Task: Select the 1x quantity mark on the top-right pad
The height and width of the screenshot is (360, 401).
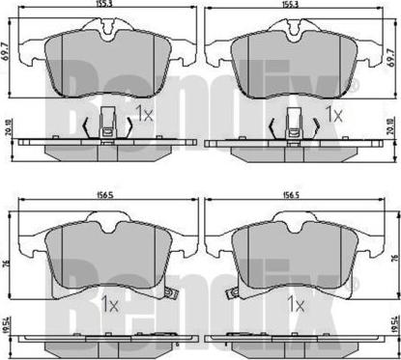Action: (x=334, y=113)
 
